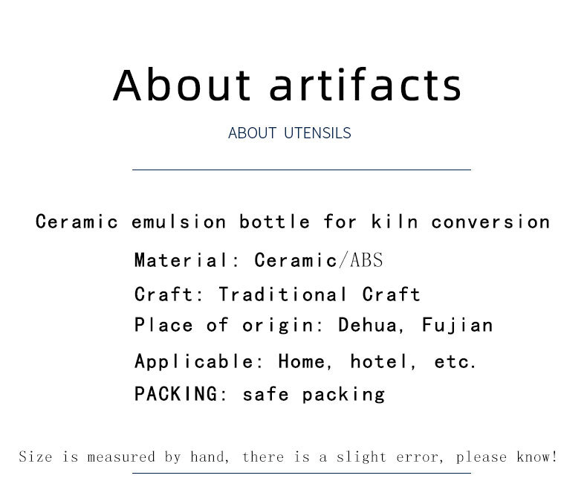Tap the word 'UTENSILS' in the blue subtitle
pos(317,133)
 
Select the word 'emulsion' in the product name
pos(179,222)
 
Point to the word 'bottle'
pos(275,222)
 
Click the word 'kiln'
pos(395,222)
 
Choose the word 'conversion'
pos(491,222)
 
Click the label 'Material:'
pos(187,260)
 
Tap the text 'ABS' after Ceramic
pos(366,260)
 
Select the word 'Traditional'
pos(283,294)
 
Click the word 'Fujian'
pos(458,326)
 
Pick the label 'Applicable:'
pos(199,361)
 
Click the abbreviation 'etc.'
pos(455,362)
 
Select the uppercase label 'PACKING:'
pos(181,394)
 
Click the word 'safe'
pos(266,394)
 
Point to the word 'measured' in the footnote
pos(121,457)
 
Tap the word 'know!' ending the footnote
pos(536,457)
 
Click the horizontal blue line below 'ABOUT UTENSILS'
pos(302,170)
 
